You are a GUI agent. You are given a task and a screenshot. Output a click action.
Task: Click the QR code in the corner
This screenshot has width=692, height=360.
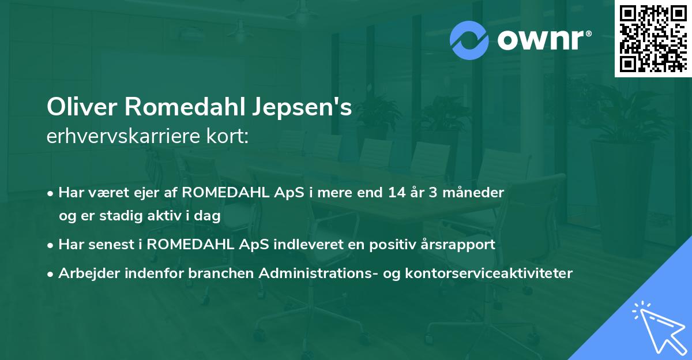[x=653, y=38]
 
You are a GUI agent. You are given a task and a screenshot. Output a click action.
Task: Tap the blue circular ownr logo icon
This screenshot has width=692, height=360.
[x=468, y=40]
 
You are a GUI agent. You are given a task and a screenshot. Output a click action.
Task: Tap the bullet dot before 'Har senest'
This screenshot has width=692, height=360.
[x=51, y=245]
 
